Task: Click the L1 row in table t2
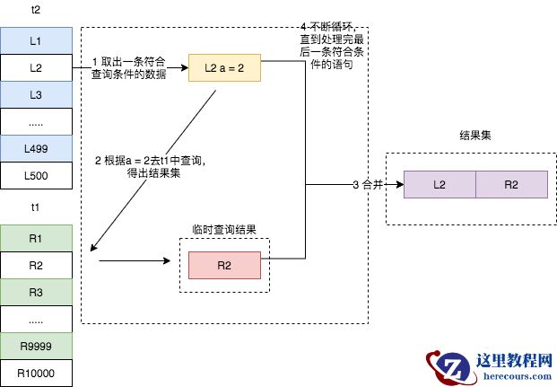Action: point(36,41)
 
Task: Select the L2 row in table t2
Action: point(36,67)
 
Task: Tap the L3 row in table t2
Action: point(36,94)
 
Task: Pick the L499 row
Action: point(36,148)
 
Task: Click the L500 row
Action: point(36,175)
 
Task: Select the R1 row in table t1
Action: point(36,238)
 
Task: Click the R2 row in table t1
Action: point(36,265)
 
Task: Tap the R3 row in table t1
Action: point(36,292)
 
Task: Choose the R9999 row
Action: point(36,346)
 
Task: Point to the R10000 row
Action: point(36,372)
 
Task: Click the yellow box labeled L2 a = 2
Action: point(223,67)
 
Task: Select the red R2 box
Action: point(224,265)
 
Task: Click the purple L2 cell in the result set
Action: point(440,184)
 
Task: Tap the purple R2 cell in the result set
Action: point(510,184)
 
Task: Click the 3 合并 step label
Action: point(368,184)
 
